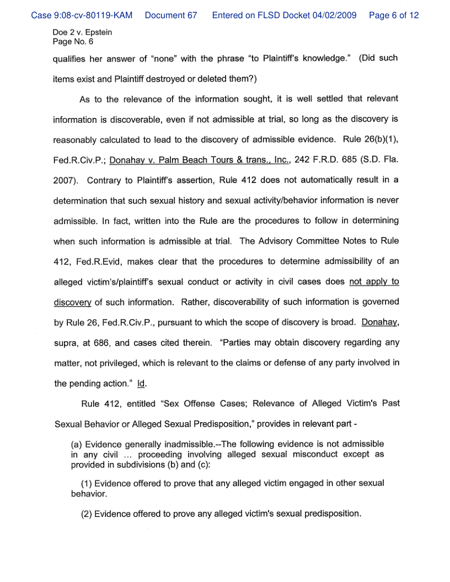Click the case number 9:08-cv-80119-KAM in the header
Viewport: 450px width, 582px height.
[x=82, y=15]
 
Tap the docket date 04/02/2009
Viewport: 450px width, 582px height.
[x=335, y=15]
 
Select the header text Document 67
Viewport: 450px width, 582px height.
[x=171, y=15]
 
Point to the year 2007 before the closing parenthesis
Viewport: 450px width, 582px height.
[x=64, y=180]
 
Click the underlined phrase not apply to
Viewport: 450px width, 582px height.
[x=374, y=282]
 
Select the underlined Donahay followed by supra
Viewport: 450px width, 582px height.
[x=380, y=322]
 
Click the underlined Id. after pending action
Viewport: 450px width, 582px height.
[x=142, y=383]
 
